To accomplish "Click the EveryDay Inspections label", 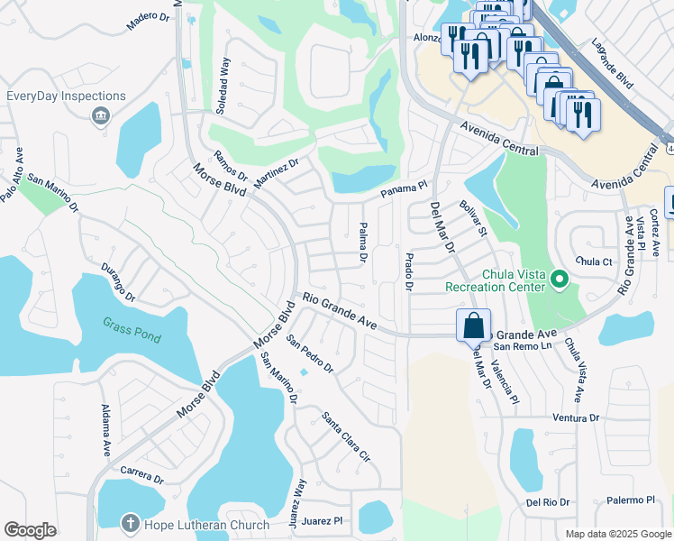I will (x=66, y=96).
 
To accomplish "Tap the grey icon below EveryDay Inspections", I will (x=100, y=115).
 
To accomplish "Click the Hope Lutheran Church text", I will (x=207, y=525).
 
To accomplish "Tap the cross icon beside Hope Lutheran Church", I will (x=131, y=524).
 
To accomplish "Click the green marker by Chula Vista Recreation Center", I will (x=560, y=280).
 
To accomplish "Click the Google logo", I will (x=30, y=530).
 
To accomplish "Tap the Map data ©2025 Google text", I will (x=617, y=534).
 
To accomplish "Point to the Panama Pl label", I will (x=402, y=188).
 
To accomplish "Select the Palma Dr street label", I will (x=363, y=243).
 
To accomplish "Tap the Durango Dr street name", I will (x=117, y=284).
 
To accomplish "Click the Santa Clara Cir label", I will (x=346, y=437).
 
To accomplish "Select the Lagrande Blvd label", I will (x=613, y=60).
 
